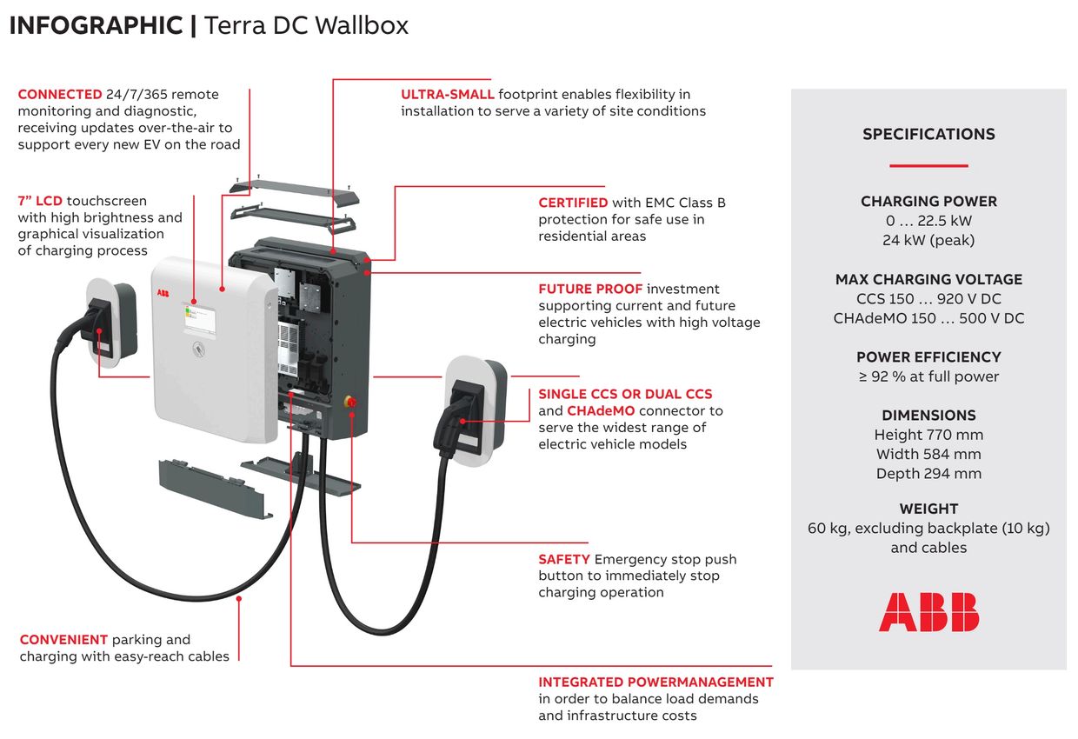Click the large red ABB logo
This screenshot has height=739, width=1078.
click(x=928, y=612)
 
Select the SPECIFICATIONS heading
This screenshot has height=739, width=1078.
click(x=928, y=134)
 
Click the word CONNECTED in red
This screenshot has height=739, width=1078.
click(x=60, y=94)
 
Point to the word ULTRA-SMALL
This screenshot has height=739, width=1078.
click(x=448, y=94)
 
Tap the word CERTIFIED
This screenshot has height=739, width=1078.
click(x=573, y=203)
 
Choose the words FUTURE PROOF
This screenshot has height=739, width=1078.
click(x=590, y=289)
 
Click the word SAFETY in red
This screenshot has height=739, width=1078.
click(x=564, y=559)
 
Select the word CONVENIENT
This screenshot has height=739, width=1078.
click(x=63, y=640)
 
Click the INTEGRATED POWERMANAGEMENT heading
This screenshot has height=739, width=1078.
click(x=655, y=682)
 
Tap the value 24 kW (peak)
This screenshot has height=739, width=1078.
click(x=928, y=240)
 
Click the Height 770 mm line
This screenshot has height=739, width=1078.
click(x=928, y=435)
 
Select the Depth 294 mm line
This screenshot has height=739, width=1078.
click(x=928, y=474)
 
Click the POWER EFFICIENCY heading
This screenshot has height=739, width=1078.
click(x=928, y=357)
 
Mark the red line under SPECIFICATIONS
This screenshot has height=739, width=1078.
click(x=928, y=165)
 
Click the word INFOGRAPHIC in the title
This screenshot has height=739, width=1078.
click(x=96, y=26)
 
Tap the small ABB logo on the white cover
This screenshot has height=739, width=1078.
click(x=164, y=294)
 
